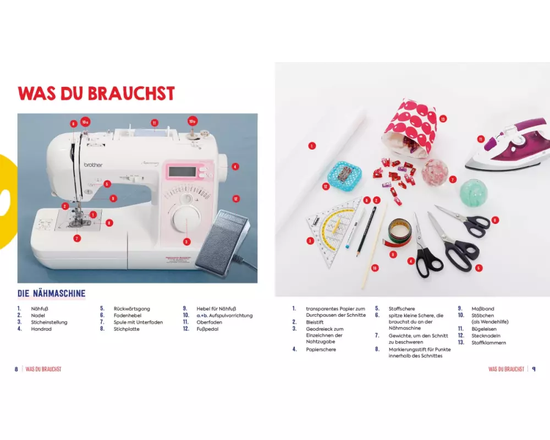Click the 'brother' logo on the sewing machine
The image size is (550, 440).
(x=93, y=164)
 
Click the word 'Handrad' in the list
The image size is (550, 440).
(x=41, y=329)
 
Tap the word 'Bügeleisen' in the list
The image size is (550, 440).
(x=483, y=329)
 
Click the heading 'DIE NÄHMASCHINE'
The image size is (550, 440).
(x=52, y=293)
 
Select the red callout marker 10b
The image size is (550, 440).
(x=192, y=122)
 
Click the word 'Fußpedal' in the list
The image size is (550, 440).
(x=207, y=329)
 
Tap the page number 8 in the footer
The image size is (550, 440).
(x=16, y=369)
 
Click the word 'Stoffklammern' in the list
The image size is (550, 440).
(x=488, y=343)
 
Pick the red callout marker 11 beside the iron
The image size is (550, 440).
(x=481, y=139)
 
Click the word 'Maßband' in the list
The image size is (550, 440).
(x=483, y=309)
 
